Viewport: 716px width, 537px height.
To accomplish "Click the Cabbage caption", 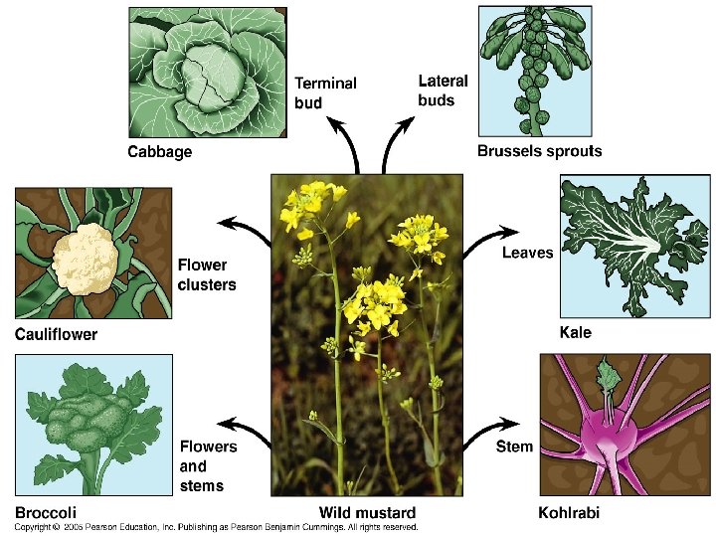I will [x=159, y=152].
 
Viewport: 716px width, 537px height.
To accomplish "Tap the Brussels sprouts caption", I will [x=539, y=152].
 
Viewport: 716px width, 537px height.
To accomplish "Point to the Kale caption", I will [x=576, y=332].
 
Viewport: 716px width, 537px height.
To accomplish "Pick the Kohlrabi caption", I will [x=569, y=513].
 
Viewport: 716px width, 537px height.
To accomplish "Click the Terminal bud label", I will [x=325, y=92].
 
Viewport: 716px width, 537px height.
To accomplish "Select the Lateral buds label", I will [x=443, y=89].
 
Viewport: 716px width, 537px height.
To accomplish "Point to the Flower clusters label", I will [x=207, y=274].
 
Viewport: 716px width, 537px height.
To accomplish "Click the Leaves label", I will [x=527, y=253].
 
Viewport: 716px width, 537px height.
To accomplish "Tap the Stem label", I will [x=514, y=447].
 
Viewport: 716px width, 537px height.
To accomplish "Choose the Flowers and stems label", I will [x=208, y=465].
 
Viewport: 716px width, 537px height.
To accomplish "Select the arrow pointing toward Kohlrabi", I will [x=487, y=432].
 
